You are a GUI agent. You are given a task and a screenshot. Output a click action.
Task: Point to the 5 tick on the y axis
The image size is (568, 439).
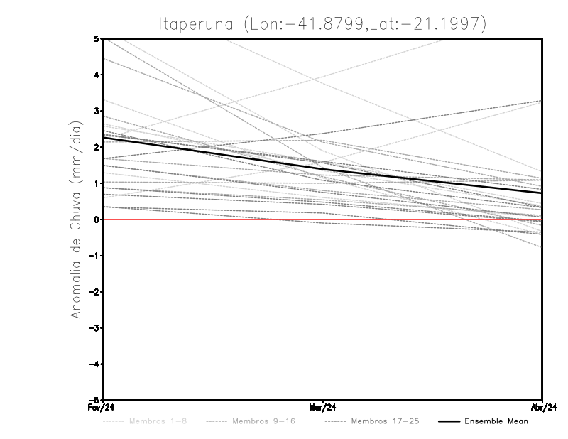coord(97,38)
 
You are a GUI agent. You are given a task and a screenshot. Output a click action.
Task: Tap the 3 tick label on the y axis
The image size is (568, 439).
coord(97,111)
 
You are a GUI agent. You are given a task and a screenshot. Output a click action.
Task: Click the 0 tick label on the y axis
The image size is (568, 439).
coord(97,220)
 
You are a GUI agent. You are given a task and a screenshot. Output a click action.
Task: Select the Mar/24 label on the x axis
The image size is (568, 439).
coord(322,408)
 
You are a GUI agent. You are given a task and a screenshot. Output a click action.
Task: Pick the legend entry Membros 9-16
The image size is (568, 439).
coord(263,421)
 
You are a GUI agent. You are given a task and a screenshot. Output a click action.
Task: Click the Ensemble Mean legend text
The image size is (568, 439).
coord(496,421)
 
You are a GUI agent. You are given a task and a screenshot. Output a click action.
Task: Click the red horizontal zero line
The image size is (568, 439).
coord(213,220)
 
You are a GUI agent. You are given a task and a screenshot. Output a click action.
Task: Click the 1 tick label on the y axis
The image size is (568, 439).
coord(97,183)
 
